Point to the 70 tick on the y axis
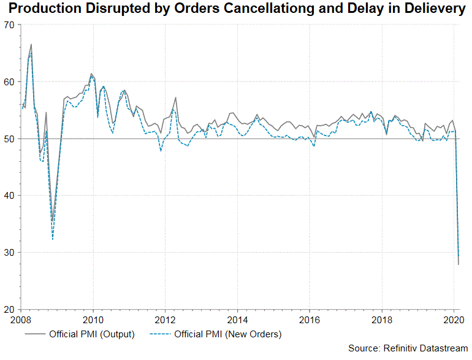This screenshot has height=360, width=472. (10, 25)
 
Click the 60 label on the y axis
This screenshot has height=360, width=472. (10, 82)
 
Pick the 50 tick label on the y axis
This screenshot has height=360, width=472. (10, 139)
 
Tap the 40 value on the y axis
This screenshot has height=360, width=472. (10, 196)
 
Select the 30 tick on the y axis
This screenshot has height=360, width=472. (10, 253)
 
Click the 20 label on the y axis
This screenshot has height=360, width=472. (10, 310)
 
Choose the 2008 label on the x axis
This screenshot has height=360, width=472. (21, 320)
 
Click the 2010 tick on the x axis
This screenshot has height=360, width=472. (93, 320)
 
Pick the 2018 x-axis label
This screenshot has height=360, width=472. (382, 320)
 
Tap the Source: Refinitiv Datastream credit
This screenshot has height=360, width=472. (408, 348)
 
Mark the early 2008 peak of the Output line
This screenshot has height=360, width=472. (31, 45)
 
